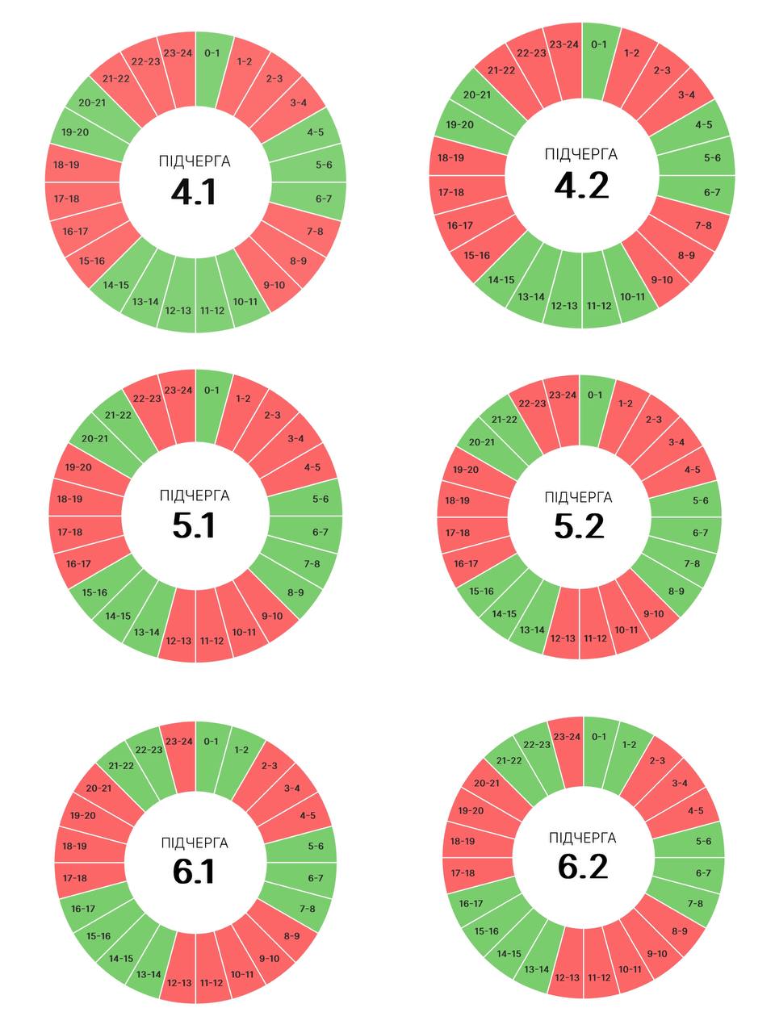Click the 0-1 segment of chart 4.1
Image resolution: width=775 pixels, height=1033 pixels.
tap(212, 54)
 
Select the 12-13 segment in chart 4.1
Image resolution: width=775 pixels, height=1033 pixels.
tap(178, 311)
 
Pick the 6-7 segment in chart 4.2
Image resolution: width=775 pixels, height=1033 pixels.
tap(711, 192)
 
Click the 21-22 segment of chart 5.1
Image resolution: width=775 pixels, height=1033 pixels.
tap(119, 415)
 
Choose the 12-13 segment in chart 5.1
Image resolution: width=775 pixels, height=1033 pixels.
tap(178, 641)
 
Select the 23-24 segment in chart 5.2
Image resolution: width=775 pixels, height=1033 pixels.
tap(563, 395)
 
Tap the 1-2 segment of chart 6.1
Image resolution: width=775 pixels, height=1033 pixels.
tap(241, 750)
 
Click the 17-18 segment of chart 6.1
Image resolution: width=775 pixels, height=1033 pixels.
tap(74, 878)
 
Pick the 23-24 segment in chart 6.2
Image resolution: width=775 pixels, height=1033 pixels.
tap(567, 737)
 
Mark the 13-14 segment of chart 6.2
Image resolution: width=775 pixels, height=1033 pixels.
tap(537, 969)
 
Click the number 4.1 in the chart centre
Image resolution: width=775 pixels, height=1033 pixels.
tap(194, 193)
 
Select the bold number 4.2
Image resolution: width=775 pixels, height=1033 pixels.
tap(581, 186)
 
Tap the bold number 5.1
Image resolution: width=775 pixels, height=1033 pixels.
tap(194, 526)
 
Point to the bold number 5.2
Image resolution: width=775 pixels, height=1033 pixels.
tap(579, 526)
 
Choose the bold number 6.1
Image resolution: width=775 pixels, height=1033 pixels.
tap(194, 872)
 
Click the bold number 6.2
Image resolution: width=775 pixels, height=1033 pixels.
tap(582, 867)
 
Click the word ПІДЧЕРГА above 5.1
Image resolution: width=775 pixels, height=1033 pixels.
tap(194, 496)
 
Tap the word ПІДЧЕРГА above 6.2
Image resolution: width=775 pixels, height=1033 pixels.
tap(582, 838)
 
